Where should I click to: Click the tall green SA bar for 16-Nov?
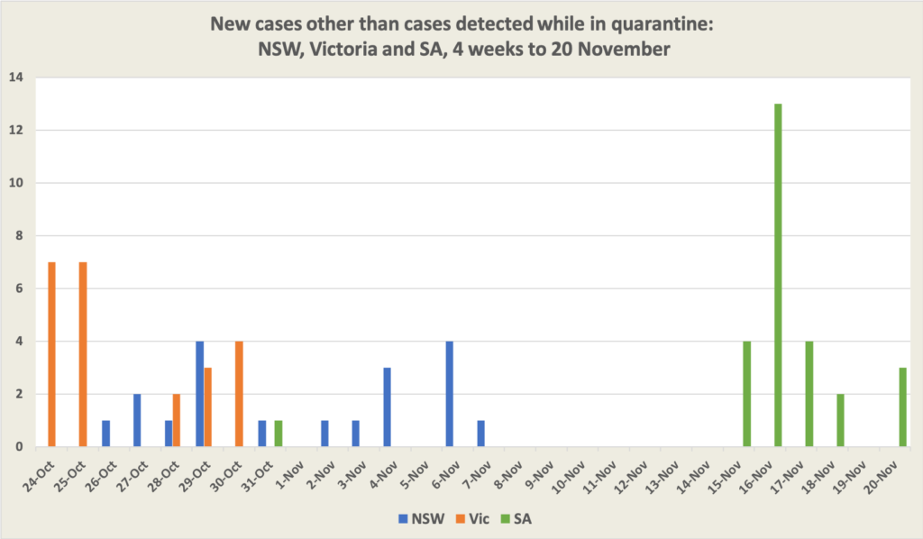[x=778, y=275]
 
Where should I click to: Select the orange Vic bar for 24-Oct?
[x=51, y=354]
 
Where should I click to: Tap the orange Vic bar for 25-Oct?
[x=83, y=354]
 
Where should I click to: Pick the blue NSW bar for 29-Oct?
[x=199, y=394]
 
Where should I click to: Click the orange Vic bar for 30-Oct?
[x=239, y=394]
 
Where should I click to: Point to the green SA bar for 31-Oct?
[x=279, y=434]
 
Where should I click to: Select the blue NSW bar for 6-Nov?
[x=450, y=394]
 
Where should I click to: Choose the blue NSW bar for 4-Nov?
[x=387, y=407]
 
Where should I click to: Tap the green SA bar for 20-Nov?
[x=902, y=407]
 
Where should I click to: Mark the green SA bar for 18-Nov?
[x=840, y=420]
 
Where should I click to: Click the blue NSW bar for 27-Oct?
[x=137, y=420]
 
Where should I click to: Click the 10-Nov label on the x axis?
[x=573, y=472]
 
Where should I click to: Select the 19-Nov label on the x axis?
[x=853, y=472]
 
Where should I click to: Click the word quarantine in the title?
[x=663, y=23]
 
